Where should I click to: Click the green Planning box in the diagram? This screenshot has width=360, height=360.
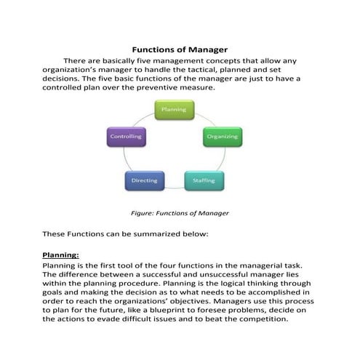[173, 110]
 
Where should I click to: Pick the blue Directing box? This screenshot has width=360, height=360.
[145, 180]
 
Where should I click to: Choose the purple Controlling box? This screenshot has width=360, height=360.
[125, 136]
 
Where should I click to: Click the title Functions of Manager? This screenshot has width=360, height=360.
[179, 49]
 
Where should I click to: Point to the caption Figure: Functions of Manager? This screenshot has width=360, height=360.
[179, 213]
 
